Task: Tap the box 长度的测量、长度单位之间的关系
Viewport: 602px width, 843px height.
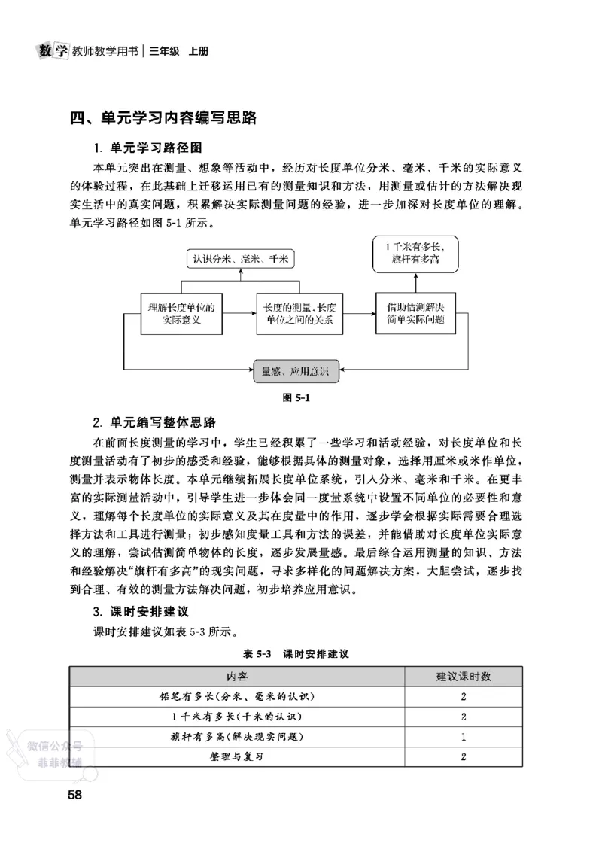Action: tap(299, 312)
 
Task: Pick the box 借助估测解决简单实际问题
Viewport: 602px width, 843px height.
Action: tap(415, 312)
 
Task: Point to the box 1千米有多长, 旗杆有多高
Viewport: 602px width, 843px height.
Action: tap(415, 254)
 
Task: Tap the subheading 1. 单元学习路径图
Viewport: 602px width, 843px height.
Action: tap(147, 147)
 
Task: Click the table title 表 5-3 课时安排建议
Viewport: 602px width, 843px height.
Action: tap(296, 653)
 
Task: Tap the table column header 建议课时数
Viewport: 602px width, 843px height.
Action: tap(464, 677)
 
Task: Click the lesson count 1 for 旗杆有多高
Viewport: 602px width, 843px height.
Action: tap(464, 736)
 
